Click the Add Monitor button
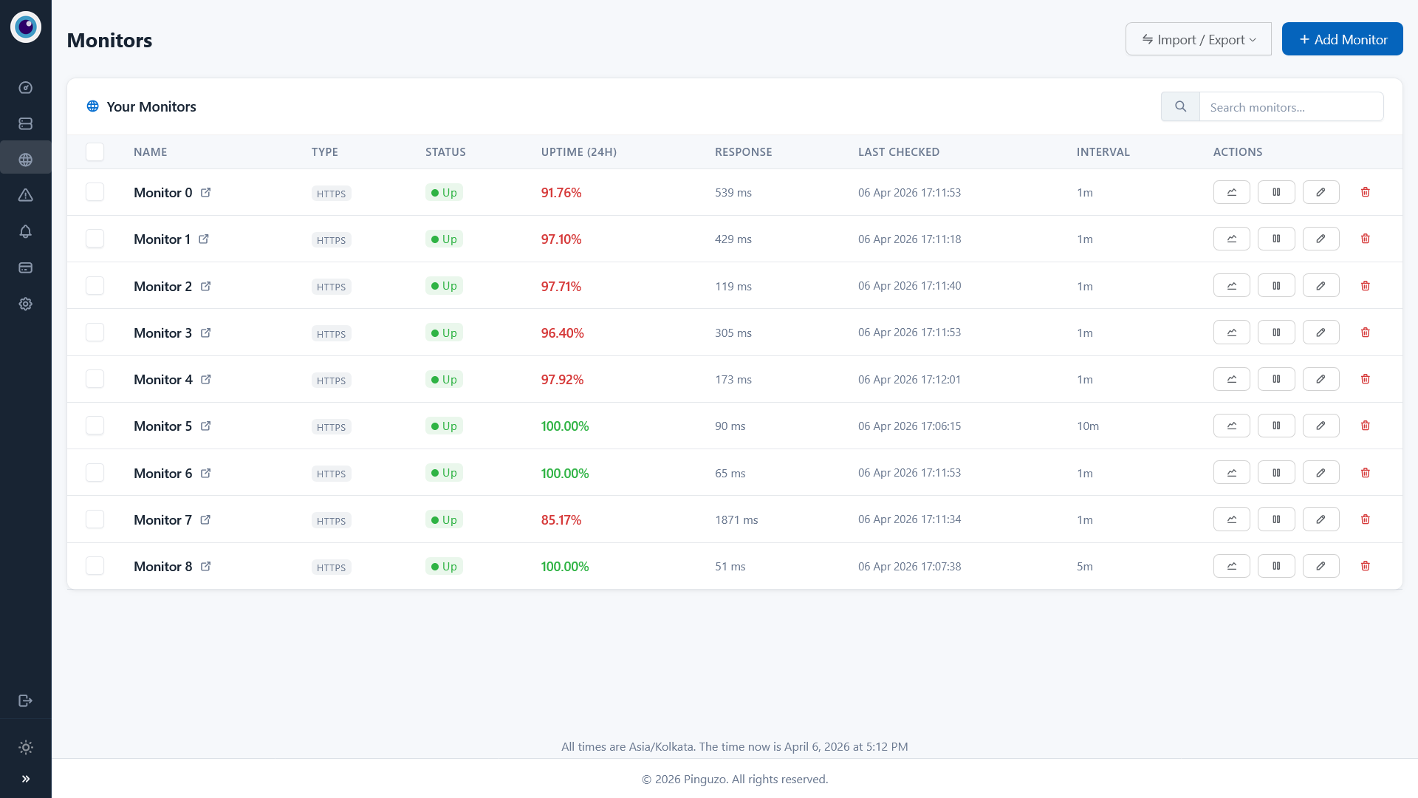pyautogui.click(x=1342, y=39)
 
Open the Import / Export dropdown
pyautogui.click(x=1198, y=39)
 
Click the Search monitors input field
pyautogui.click(x=1291, y=107)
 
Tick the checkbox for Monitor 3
pyautogui.click(x=95, y=332)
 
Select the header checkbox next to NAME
pyautogui.click(x=95, y=152)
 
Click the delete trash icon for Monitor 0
pyautogui.click(x=1365, y=192)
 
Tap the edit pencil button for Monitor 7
pyautogui.click(x=1321, y=519)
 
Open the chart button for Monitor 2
pyautogui.click(x=1231, y=286)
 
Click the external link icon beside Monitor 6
pyautogui.click(x=206, y=473)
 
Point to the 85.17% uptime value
pyautogui.click(x=561, y=520)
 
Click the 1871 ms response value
pyautogui.click(x=736, y=520)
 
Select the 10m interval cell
pyautogui.click(x=1088, y=426)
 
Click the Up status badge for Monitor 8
pyautogui.click(x=444, y=567)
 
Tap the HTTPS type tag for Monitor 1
pyautogui.click(x=331, y=240)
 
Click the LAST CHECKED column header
pyautogui.click(x=899, y=152)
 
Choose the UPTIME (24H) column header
pyautogui.click(x=579, y=152)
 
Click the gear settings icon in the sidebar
pyautogui.click(x=26, y=304)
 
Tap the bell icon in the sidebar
pyautogui.click(x=26, y=231)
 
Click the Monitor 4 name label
pyautogui.click(x=163, y=380)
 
